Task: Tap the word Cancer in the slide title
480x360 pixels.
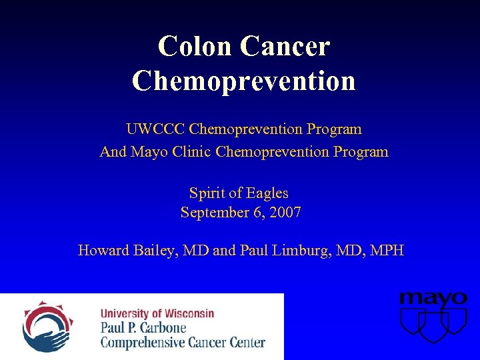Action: point(285,46)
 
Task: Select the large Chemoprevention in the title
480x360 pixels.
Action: point(243,80)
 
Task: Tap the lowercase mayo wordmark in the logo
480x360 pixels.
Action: point(433,299)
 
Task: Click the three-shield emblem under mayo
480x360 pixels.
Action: point(433,325)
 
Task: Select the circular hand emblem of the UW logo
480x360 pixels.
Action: point(46,326)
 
